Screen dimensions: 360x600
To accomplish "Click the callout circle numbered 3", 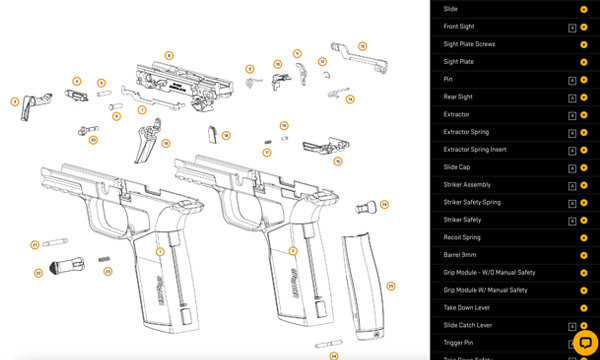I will pos(15,101).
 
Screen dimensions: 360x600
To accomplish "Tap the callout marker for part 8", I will pos(169,55).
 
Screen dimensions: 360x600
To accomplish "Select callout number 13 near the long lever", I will pos(362,46).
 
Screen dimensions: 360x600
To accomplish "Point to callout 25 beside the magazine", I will pos(391,286).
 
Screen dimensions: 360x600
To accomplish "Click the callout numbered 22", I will pos(38,272).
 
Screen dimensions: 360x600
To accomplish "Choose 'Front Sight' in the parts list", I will pos(460,27).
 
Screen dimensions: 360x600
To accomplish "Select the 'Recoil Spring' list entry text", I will pos(462,237).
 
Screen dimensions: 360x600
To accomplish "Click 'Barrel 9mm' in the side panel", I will pos(460,255).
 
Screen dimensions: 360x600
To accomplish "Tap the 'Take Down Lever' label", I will pos(467,308).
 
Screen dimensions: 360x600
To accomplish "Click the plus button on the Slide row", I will pos(584,9).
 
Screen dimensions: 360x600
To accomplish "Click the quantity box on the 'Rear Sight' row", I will pos(571,97).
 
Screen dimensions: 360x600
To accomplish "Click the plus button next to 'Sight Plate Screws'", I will pos(584,45).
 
